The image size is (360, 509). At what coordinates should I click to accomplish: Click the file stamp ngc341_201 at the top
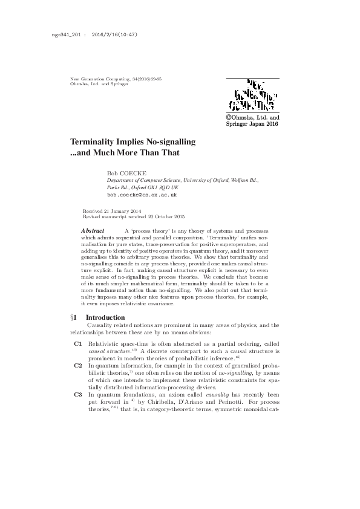coord(59,34)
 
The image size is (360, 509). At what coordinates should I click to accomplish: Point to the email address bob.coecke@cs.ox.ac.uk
coord(142,196)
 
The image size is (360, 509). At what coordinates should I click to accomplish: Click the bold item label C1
coord(77,343)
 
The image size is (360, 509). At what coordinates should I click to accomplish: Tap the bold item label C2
coord(77,366)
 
